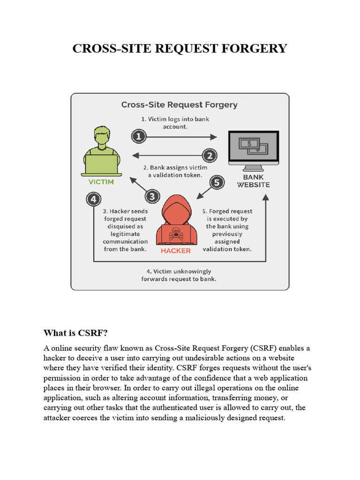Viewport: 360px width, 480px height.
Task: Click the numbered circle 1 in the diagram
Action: pos(139,137)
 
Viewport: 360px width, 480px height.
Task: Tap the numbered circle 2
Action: pos(210,156)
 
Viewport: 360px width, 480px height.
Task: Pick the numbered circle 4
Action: pos(94,199)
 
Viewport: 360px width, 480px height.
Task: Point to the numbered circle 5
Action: pos(216,182)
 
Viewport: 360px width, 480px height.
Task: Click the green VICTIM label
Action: pos(101,182)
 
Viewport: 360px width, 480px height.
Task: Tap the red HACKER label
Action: pos(176,251)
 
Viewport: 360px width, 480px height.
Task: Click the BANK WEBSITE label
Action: pos(253,181)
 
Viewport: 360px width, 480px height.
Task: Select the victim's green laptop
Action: pos(101,164)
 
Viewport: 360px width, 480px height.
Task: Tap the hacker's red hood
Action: pos(176,206)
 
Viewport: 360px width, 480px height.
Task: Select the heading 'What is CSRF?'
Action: pos(76,333)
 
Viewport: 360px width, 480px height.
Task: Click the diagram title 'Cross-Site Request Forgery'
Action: pos(180,105)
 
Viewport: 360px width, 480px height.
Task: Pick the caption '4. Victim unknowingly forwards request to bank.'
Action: pos(179,275)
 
